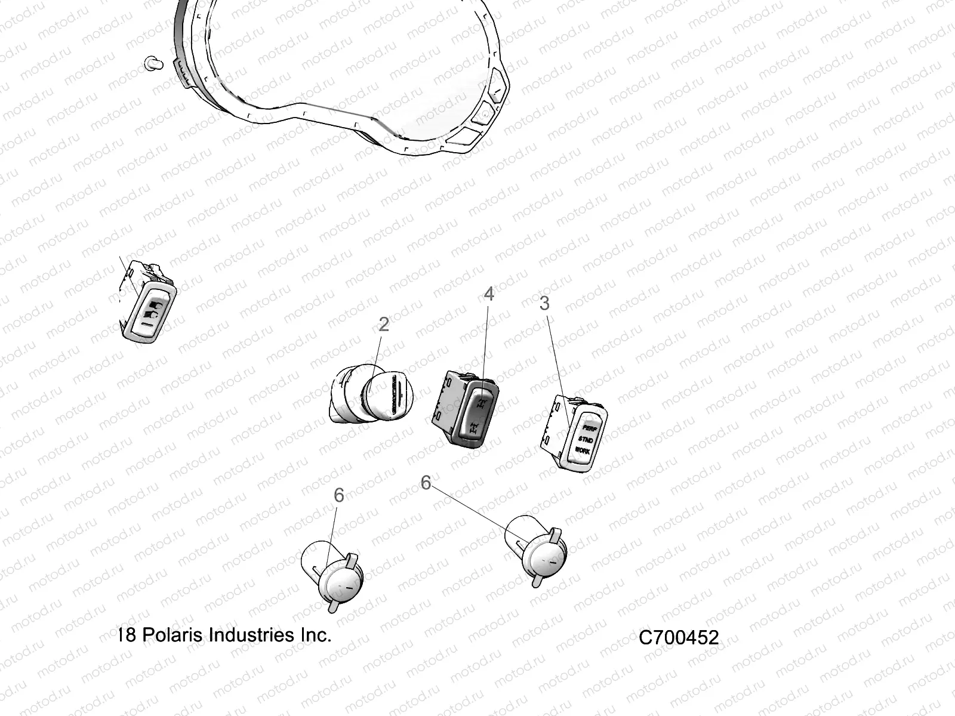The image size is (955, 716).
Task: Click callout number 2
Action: (384, 324)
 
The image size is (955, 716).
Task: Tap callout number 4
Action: (489, 294)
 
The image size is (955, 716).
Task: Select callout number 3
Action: (544, 303)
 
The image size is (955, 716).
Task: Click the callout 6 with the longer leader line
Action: (426, 482)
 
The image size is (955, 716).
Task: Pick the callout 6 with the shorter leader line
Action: (338, 495)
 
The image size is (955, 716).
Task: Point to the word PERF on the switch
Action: (590, 428)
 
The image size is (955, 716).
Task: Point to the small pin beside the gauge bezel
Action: (153, 63)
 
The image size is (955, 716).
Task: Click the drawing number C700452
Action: (679, 638)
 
